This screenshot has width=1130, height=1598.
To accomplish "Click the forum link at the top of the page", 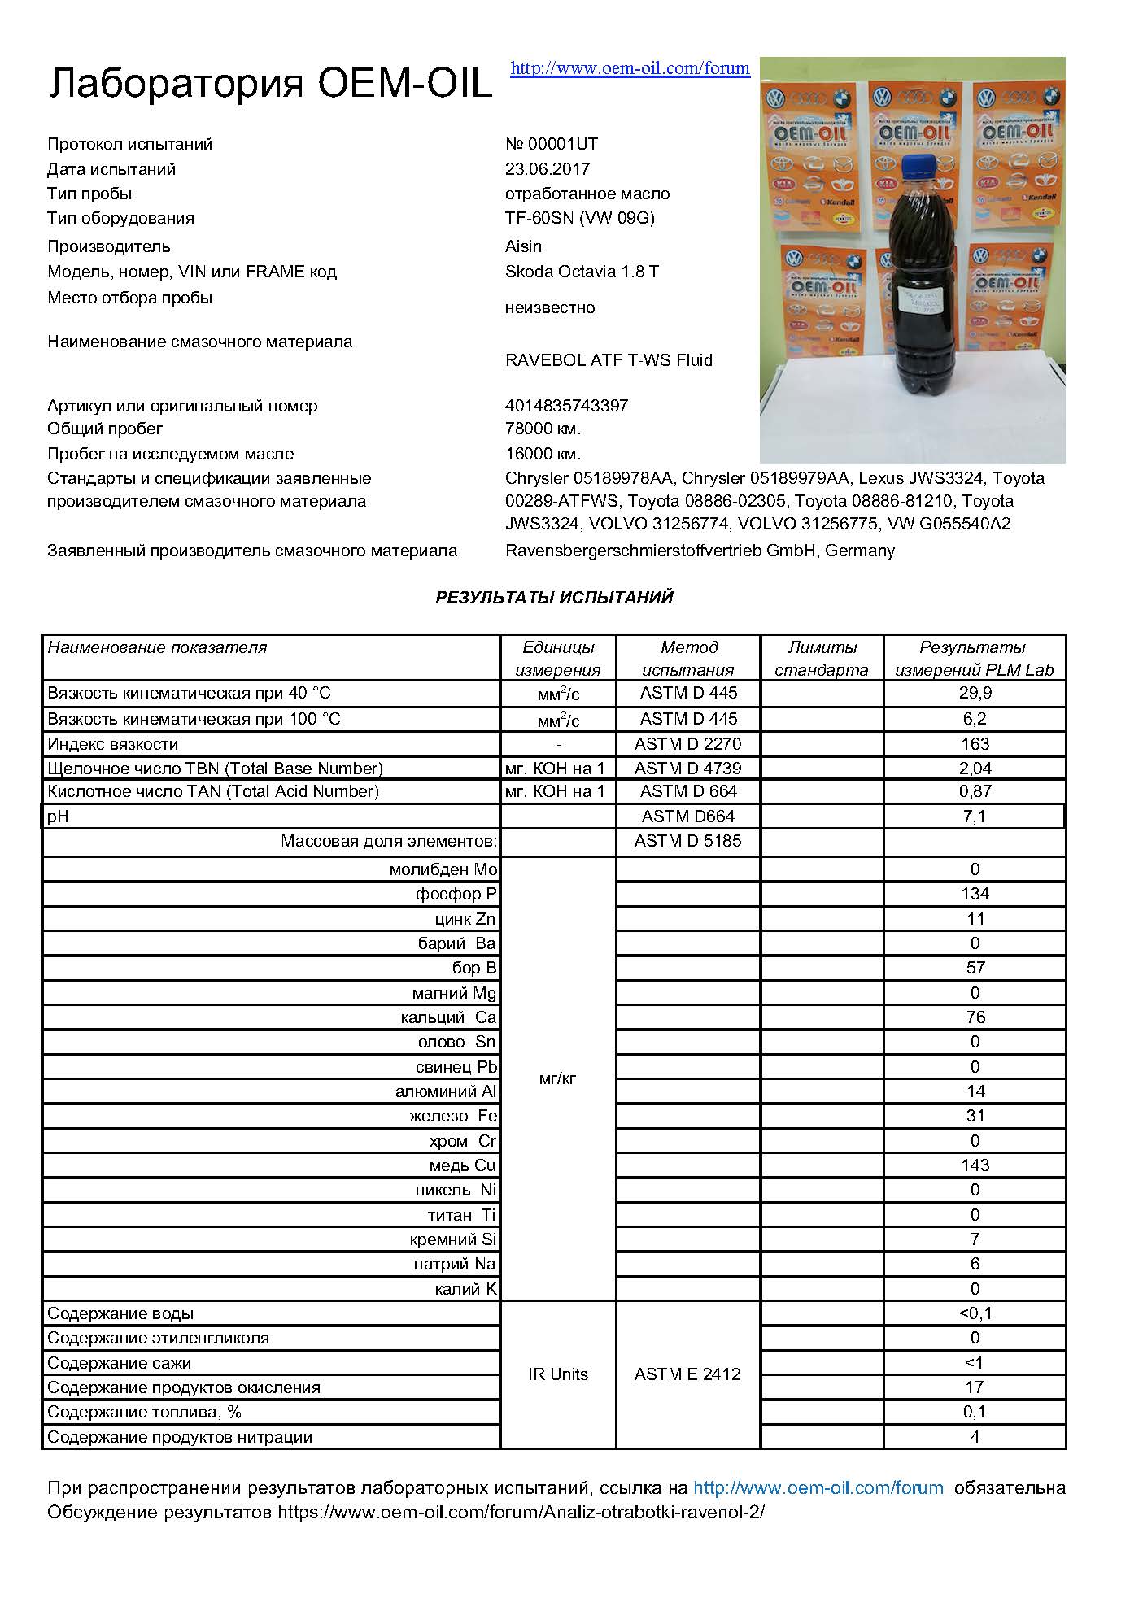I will [x=630, y=68].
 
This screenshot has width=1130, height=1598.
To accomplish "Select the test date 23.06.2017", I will [x=547, y=169].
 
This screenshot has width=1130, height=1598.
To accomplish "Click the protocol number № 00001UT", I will [x=551, y=144].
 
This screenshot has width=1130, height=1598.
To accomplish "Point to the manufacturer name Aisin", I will [x=523, y=246].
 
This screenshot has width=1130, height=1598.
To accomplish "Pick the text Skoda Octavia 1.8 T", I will [x=582, y=272].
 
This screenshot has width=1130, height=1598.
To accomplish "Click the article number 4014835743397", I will [x=566, y=406].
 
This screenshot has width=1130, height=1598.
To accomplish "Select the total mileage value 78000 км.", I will [x=543, y=429].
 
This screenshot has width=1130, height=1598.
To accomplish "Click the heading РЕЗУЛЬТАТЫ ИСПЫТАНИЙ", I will [x=554, y=598].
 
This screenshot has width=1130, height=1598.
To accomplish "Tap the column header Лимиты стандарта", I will [x=822, y=659].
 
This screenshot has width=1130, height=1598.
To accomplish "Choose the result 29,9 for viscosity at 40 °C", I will [x=975, y=694].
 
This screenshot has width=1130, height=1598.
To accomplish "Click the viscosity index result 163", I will [x=975, y=744].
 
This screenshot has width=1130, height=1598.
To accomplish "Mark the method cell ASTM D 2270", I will [x=687, y=744].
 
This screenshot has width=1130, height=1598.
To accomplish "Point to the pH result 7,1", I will [x=975, y=816].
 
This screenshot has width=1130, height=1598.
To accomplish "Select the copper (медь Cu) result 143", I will [x=975, y=1165].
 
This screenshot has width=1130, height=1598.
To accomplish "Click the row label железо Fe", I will [x=452, y=1116].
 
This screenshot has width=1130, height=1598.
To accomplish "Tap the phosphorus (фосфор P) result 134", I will [x=975, y=894].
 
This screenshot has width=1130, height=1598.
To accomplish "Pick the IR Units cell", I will [x=557, y=1374].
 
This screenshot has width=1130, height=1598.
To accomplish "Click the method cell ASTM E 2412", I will [x=687, y=1374].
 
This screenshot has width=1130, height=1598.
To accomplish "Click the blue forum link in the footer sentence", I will [x=818, y=1488].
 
